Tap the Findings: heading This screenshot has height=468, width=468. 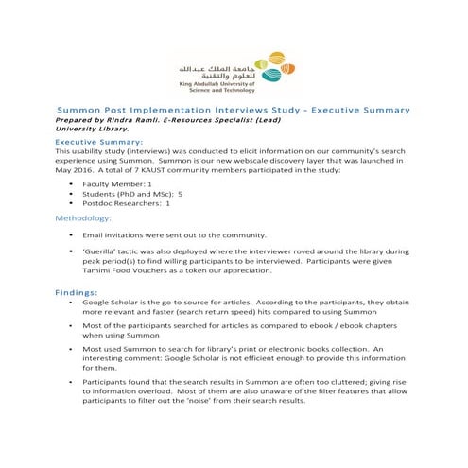coord(79,292)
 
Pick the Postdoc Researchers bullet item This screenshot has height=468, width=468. coord(126,202)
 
